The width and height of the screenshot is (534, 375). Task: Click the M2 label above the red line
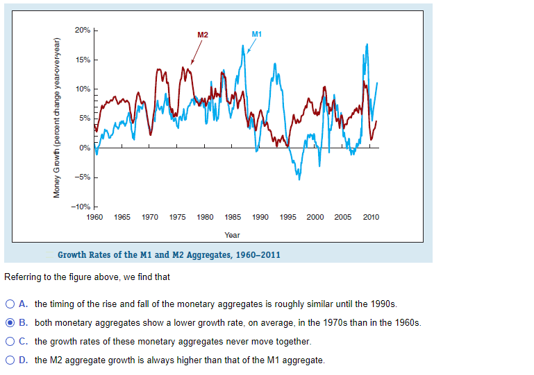click(x=202, y=34)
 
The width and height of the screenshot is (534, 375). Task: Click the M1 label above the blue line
click(x=256, y=34)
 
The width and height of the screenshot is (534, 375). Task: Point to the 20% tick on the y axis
click(x=82, y=30)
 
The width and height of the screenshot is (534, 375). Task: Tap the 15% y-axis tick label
click(x=82, y=60)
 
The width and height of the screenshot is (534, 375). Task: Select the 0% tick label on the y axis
click(x=84, y=148)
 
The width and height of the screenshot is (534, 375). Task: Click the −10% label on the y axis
click(x=81, y=207)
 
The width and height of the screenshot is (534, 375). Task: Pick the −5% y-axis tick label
click(x=82, y=177)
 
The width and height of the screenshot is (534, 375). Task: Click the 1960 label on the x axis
click(x=94, y=218)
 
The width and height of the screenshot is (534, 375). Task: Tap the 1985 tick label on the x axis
click(x=233, y=218)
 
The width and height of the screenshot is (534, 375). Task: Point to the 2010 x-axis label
click(x=371, y=218)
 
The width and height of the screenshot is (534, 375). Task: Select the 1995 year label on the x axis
click(x=287, y=218)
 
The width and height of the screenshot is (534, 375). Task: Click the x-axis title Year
click(x=232, y=236)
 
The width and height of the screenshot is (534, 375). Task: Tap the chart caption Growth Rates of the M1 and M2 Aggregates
click(x=169, y=254)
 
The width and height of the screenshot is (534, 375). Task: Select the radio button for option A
click(x=10, y=304)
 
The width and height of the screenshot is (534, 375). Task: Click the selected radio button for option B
click(x=10, y=323)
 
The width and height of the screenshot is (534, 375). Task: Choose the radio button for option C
click(x=10, y=342)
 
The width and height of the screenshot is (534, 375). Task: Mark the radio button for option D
click(x=10, y=360)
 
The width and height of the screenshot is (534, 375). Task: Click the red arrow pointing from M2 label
click(x=197, y=51)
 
